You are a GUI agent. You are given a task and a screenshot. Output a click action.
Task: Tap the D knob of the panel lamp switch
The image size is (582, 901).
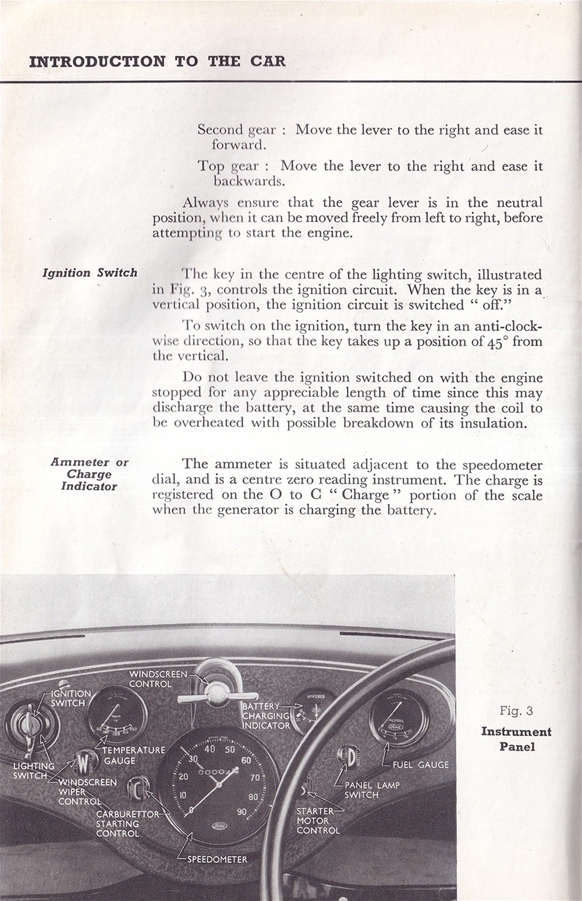(347, 757)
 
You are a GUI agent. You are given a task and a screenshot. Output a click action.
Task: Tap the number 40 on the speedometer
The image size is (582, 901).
(210, 749)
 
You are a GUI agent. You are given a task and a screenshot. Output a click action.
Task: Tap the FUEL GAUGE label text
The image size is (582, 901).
(420, 765)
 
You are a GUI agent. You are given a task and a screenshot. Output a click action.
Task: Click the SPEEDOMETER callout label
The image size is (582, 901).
(217, 859)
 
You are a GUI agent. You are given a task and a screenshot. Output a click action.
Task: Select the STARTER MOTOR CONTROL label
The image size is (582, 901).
(317, 820)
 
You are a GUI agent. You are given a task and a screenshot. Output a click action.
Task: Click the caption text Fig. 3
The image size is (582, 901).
(516, 711)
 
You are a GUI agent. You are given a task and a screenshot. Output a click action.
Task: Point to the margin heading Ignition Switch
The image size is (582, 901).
(90, 273)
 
